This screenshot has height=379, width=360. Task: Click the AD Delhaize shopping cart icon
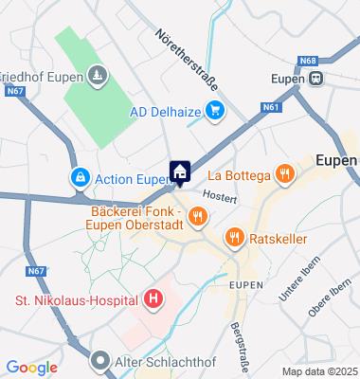click(215, 110)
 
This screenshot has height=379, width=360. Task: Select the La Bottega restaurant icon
click(282, 173)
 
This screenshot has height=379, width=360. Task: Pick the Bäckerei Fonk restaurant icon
click(197, 217)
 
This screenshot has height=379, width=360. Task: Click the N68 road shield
click(307, 61)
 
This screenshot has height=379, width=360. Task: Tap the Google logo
click(31, 368)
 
